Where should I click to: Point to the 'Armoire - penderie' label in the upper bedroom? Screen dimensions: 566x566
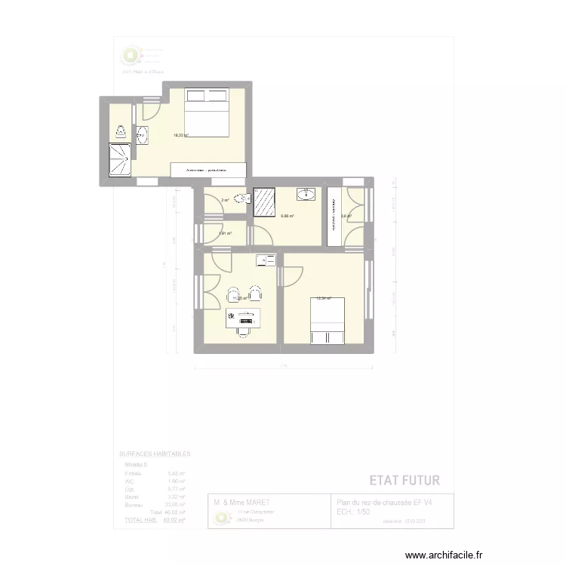[208, 171]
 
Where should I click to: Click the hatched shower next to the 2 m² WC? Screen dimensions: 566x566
[265, 201]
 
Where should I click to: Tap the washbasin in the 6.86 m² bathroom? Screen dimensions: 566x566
[307, 194]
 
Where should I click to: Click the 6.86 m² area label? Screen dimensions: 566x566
[288, 216]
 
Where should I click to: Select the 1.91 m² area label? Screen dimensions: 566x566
[224, 233]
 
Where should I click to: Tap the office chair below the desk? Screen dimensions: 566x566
[245, 328]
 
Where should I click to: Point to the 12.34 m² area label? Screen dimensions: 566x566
[323, 298]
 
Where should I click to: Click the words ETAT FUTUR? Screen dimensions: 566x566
[405, 480]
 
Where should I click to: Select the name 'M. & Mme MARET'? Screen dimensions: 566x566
[241, 503]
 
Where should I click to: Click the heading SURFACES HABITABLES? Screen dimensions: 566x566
[155, 454]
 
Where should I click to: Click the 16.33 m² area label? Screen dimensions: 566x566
[181, 136]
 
